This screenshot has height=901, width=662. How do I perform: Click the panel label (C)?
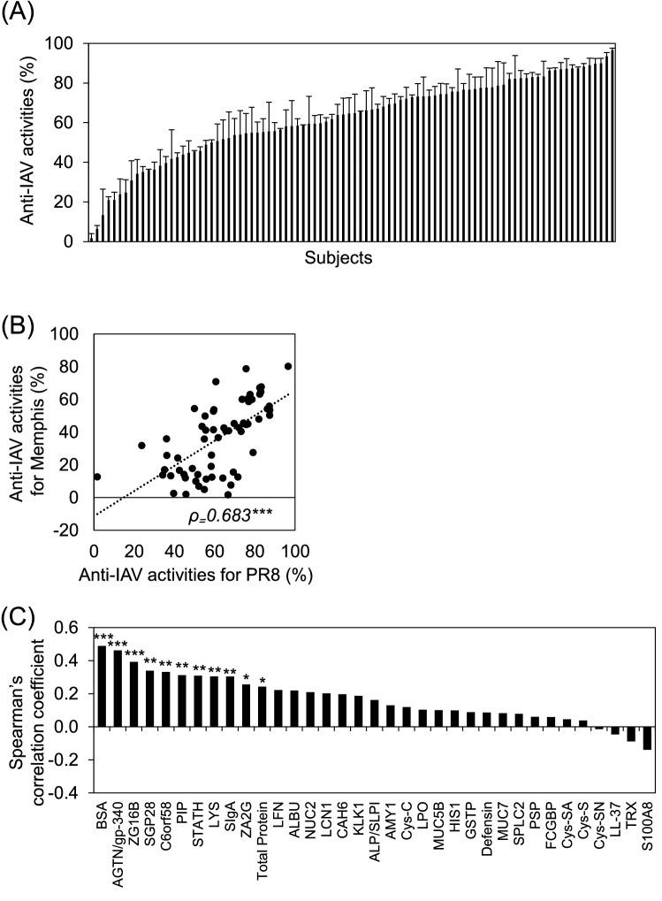[16, 616]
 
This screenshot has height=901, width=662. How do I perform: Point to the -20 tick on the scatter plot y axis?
[70, 531]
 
